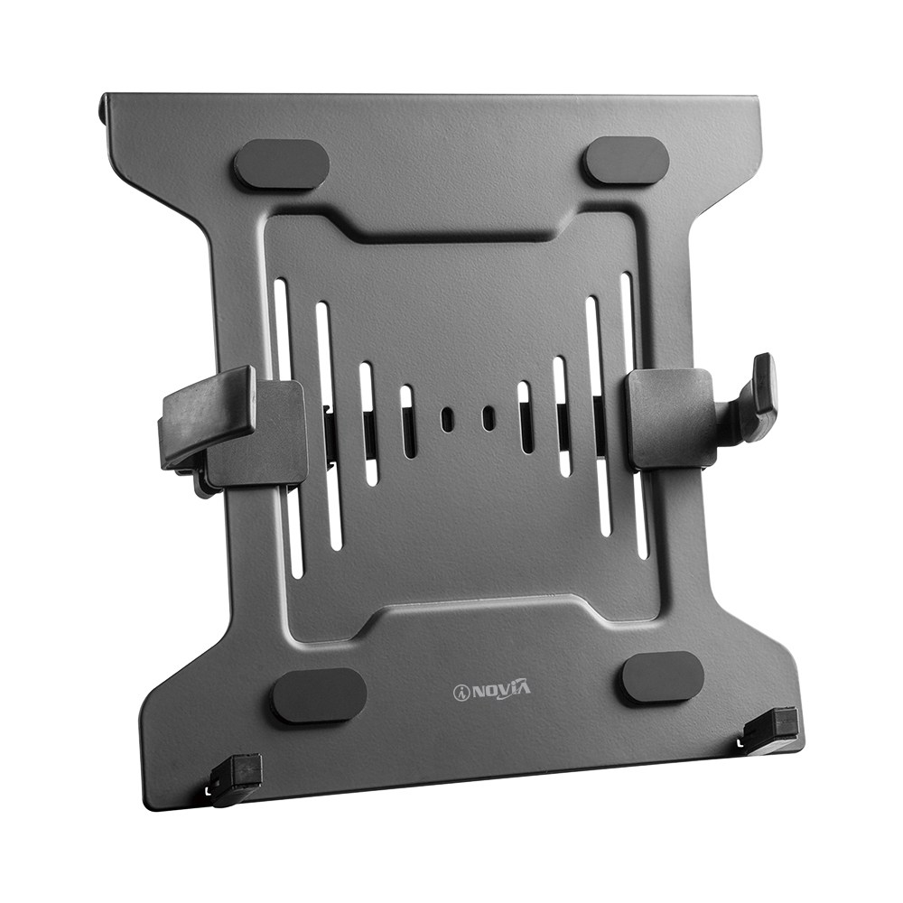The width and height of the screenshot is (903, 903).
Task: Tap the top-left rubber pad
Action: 281,163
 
